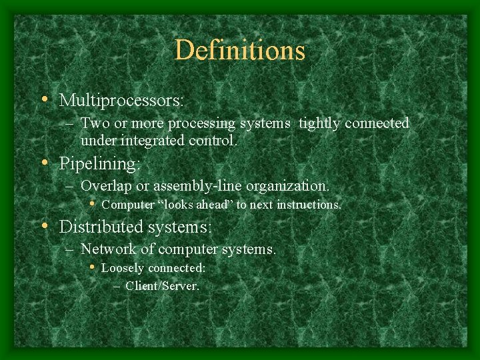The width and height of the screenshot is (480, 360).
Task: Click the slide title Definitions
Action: [240, 51]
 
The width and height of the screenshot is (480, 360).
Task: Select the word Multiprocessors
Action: [120, 101]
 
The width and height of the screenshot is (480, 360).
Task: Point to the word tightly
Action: [321, 123]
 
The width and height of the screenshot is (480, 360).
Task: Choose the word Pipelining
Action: [100, 163]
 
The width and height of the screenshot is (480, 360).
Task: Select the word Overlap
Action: [105, 186]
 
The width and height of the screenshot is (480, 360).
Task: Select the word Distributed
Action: [100, 227]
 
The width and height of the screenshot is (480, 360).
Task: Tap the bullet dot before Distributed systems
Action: [44, 227]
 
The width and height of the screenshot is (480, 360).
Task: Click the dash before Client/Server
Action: [117, 287]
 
